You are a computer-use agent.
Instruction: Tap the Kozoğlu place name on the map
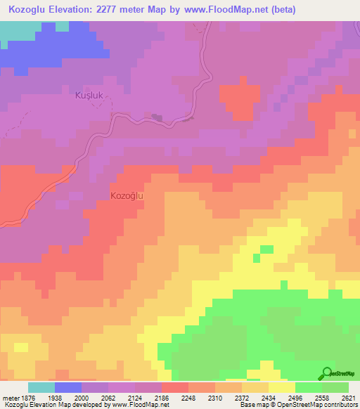click(127, 196)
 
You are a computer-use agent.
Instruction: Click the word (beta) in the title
click(280, 10)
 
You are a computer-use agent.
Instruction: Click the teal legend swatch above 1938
click(41, 387)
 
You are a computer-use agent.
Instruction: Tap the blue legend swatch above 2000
click(68, 387)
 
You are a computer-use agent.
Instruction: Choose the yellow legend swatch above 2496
click(282, 387)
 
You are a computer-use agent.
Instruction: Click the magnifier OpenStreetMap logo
click(328, 373)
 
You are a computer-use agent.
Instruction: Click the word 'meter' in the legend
click(10, 398)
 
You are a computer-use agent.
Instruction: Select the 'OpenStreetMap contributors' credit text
click(323, 405)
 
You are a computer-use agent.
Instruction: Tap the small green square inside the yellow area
click(266, 249)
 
